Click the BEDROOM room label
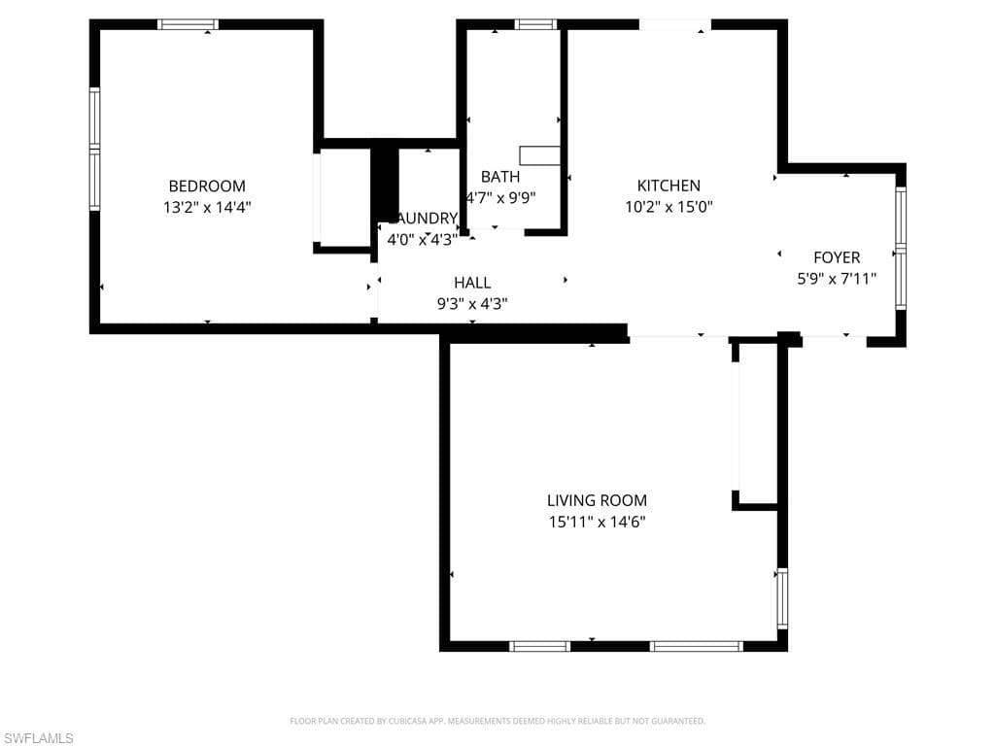pos(207,186)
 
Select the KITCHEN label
pos(669,186)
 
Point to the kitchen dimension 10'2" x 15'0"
pos(669,207)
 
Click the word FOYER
pos(836,257)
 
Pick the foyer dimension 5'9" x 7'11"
pos(836,279)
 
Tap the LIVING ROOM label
pos(597,500)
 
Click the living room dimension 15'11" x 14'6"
pos(597,522)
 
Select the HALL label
pos(472,283)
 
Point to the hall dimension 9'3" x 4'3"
pos(472,304)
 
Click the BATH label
pos(500,177)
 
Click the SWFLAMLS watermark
pos(39,738)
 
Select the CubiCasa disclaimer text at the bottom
pos(497,721)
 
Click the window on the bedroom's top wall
pos(188,24)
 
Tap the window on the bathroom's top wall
pos(535,24)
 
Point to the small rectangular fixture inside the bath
pos(539,155)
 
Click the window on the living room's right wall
pos(782,597)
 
